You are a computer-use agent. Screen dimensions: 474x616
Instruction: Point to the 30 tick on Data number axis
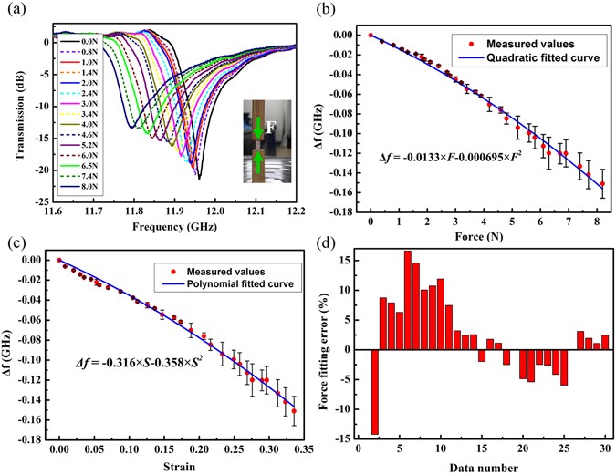click(x=605, y=450)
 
